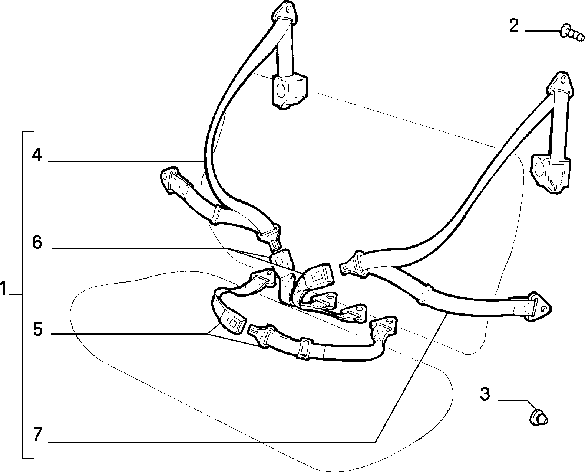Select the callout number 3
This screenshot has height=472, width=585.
tap(485, 394)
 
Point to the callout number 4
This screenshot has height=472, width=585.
tap(37, 156)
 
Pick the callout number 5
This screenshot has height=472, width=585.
tap(38, 329)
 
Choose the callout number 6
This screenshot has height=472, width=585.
tap(37, 242)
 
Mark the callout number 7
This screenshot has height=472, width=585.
tap(37, 435)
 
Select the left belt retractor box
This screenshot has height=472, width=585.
tap(290, 91)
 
